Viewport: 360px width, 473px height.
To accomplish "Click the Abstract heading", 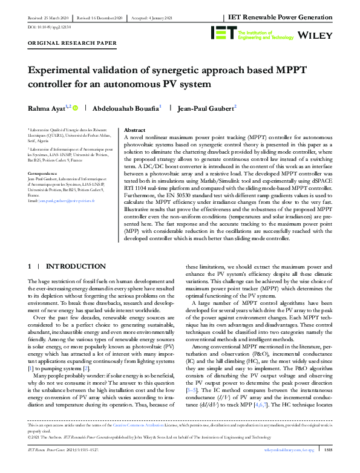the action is click(134, 130).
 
